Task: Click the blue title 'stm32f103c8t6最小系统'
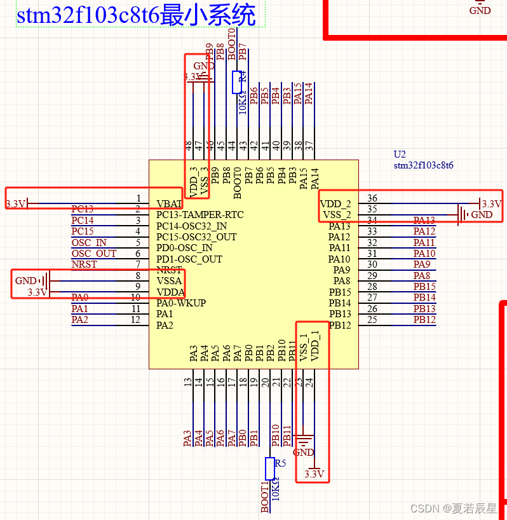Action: (x=136, y=15)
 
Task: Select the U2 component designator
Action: (x=399, y=154)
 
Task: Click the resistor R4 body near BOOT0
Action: (x=237, y=82)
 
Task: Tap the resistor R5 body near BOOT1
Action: (x=269, y=469)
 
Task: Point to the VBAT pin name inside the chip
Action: (x=169, y=204)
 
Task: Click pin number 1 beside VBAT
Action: (x=138, y=199)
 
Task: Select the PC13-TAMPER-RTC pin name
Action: (x=200, y=215)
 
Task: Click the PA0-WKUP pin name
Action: (x=180, y=303)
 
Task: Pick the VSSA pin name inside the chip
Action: (x=169, y=281)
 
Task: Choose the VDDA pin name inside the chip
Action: (x=170, y=292)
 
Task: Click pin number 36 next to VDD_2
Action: (x=372, y=199)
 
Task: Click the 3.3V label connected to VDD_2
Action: (x=491, y=204)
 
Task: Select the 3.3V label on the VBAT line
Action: (x=16, y=204)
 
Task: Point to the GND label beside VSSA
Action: (x=26, y=280)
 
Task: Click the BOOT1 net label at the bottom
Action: (x=265, y=497)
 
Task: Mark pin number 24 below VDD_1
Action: (x=309, y=382)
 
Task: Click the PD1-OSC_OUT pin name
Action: (x=189, y=259)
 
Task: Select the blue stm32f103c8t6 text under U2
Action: (x=423, y=165)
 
